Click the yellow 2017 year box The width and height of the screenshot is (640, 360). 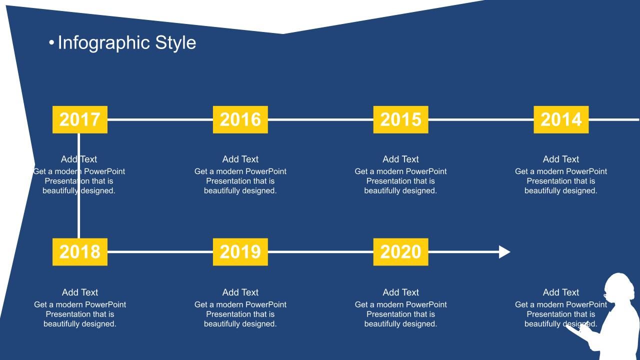80,119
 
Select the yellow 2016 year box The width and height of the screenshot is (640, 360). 240,119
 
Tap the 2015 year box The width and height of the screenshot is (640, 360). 400,119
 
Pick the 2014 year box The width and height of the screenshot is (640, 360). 561,119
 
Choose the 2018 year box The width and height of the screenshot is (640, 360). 80,251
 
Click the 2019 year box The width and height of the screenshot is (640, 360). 240,251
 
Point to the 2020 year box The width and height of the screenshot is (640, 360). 400,251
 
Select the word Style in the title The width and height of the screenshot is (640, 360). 175,43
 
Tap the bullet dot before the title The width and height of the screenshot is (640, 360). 51,43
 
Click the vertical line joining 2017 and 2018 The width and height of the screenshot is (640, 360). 78,185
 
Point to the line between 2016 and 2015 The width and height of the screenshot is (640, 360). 320,119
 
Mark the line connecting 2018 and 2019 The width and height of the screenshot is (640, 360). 160,251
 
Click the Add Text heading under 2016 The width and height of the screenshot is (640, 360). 240,159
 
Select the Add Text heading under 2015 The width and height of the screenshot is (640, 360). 400,159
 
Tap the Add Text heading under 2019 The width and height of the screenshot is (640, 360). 240,292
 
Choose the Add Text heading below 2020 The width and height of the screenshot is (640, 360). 400,292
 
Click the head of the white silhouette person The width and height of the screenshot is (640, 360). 618,287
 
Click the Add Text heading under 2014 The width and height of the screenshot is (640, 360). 561,159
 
